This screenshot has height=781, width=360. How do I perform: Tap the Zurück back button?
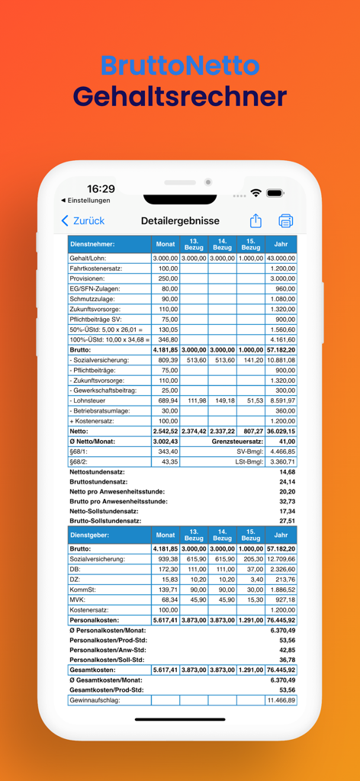pos(82,221)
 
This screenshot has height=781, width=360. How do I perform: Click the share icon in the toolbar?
pos(256,221)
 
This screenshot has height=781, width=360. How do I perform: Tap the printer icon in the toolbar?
pos(285,221)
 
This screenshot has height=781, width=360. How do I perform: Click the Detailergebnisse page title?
pos(180,221)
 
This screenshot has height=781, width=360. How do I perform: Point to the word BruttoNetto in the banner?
pos(180,65)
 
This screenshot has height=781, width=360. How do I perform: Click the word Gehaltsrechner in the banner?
pos(180,97)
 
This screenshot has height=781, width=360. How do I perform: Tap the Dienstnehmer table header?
pos(92,245)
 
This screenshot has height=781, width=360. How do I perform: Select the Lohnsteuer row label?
pos(89,400)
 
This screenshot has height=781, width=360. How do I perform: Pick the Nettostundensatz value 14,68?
pos(286,472)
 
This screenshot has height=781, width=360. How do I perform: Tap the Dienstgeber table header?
pos(90,535)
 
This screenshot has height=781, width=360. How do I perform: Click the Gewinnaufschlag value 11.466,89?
pos(281,700)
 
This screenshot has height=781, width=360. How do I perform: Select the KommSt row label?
pos(82,590)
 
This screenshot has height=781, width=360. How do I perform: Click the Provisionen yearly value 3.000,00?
pos(281,278)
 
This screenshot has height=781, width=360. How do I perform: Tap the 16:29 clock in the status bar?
pos(101,188)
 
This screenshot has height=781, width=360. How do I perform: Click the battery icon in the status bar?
pos(275,194)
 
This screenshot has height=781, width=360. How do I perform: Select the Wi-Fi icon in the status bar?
pos(256,194)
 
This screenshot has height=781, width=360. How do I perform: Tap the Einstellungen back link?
pos(85,201)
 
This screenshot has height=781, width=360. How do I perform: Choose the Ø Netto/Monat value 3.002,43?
pos(166,442)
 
